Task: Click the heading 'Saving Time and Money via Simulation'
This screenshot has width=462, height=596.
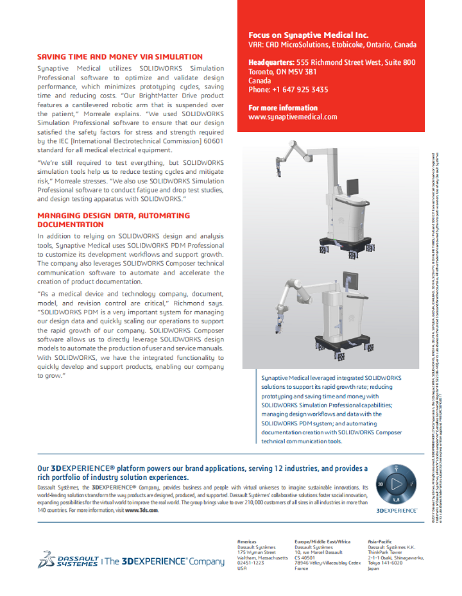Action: coord(120,56)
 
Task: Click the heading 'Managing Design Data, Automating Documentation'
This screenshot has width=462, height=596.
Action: coord(114,220)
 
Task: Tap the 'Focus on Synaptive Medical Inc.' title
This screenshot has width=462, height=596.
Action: coord(309,35)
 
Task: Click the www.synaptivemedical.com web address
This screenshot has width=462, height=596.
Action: coord(293,117)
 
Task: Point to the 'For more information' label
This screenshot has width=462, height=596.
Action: coord(283,108)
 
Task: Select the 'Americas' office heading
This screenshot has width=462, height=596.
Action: coord(246,541)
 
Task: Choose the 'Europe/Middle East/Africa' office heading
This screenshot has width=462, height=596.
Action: coord(323,541)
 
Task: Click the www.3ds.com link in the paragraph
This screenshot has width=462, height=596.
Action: coord(142,510)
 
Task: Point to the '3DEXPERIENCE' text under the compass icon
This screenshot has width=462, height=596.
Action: coord(397,510)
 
